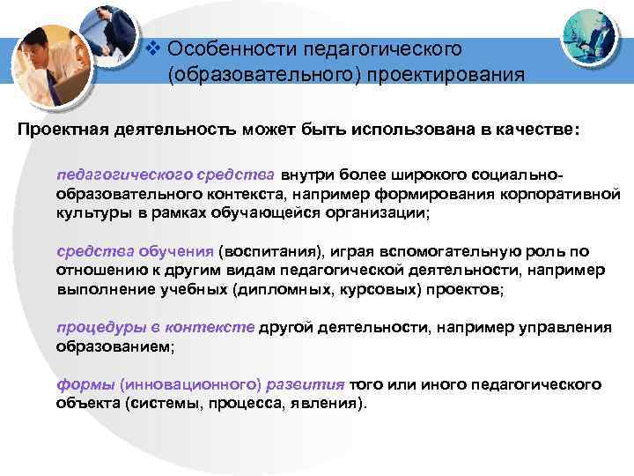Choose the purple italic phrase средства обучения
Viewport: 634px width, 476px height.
click(135, 250)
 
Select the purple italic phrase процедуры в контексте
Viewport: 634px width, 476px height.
click(155, 327)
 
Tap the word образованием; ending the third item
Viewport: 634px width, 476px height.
click(115, 346)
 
